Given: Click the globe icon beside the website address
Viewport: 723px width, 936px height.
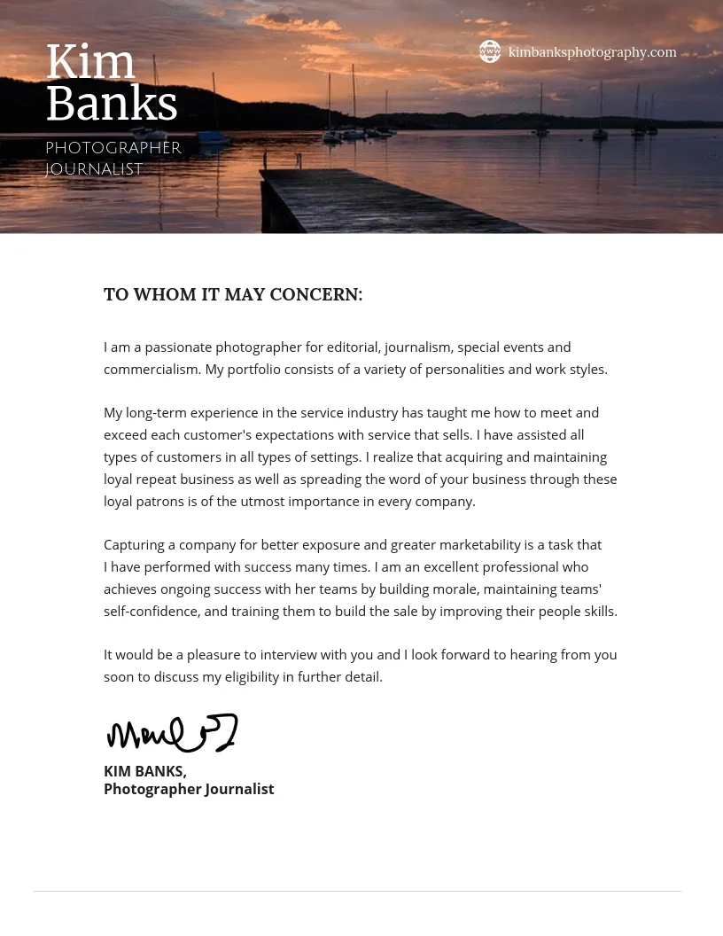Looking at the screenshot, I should [x=490, y=51].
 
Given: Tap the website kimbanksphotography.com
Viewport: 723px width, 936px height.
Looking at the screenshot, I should [x=592, y=52].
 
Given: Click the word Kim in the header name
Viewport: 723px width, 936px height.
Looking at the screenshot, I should [x=90, y=63].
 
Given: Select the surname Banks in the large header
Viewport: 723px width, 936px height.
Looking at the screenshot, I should [x=112, y=105].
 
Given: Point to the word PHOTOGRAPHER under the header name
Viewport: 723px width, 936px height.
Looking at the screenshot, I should [x=113, y=148].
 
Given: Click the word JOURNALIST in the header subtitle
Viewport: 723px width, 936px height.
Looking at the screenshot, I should [x=94, y=169].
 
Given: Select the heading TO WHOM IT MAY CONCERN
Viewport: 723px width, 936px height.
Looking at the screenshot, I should [x=233, y=294].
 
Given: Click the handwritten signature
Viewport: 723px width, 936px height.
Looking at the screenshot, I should [x=172, y=733].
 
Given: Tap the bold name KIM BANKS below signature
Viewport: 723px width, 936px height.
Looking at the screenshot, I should [x=144, y=771].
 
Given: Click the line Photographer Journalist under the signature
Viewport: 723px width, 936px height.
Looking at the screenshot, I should [x=189, y=789].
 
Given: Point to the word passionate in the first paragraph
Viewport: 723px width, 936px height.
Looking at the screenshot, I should [x=178, y=347].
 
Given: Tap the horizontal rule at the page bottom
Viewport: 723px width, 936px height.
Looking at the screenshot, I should [x=357, y=891].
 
